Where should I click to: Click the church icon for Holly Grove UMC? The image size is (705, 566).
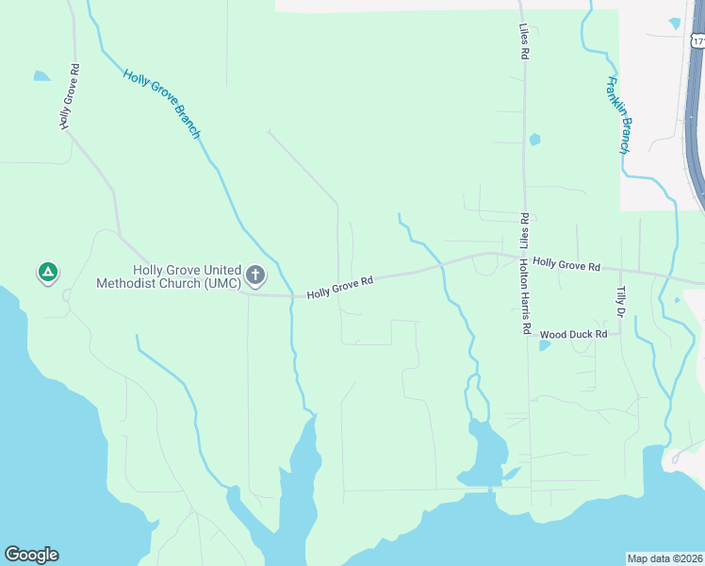pos(254,275)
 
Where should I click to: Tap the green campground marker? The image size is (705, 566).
pos(48,274)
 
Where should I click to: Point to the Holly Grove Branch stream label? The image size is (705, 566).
pos(161,103)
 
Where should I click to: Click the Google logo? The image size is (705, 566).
pos(31,555)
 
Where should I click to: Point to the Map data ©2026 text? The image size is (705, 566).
pos(664,558)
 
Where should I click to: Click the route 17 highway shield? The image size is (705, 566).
pos(698,41)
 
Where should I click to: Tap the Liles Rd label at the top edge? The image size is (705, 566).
pos(523,42)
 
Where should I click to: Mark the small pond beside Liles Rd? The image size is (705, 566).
pos(534,140)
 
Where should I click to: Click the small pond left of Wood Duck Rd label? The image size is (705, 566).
pos(546,344)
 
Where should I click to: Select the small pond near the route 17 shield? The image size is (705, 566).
pos(675,23)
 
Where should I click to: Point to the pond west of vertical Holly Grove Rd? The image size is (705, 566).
pos(41,75)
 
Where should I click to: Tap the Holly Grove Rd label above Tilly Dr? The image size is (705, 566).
pos(566,266)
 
